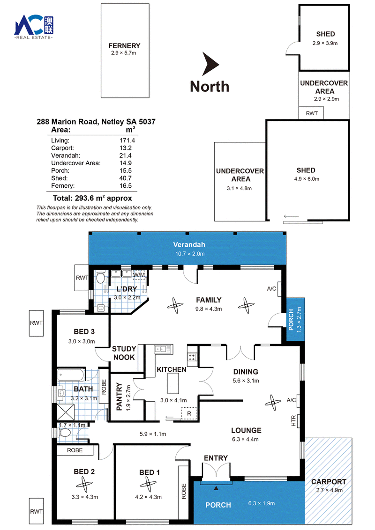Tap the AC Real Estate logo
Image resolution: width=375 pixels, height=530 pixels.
33,27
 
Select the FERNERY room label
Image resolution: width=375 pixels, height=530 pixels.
124,45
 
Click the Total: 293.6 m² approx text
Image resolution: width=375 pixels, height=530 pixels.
92,198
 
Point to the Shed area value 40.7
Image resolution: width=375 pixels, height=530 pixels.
126,178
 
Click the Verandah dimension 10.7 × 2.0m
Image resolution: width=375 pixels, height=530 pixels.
190,254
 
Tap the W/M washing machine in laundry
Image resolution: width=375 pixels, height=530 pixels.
139,274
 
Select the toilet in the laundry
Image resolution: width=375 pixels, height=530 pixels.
100,278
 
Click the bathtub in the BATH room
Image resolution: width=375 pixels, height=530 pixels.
71,375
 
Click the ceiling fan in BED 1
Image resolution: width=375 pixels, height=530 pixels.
148,485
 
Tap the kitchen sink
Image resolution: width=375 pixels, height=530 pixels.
164,349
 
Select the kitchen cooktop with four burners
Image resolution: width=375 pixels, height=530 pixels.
192,357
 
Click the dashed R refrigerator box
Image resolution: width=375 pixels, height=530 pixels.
189,413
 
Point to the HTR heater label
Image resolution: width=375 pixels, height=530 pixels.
293,420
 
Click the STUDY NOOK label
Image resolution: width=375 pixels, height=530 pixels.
124,353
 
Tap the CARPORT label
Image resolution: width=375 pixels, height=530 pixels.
329,481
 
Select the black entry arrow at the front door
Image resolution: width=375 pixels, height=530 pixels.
216,488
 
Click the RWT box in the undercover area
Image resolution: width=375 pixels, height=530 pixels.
311,113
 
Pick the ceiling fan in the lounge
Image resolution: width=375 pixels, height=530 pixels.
273,402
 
